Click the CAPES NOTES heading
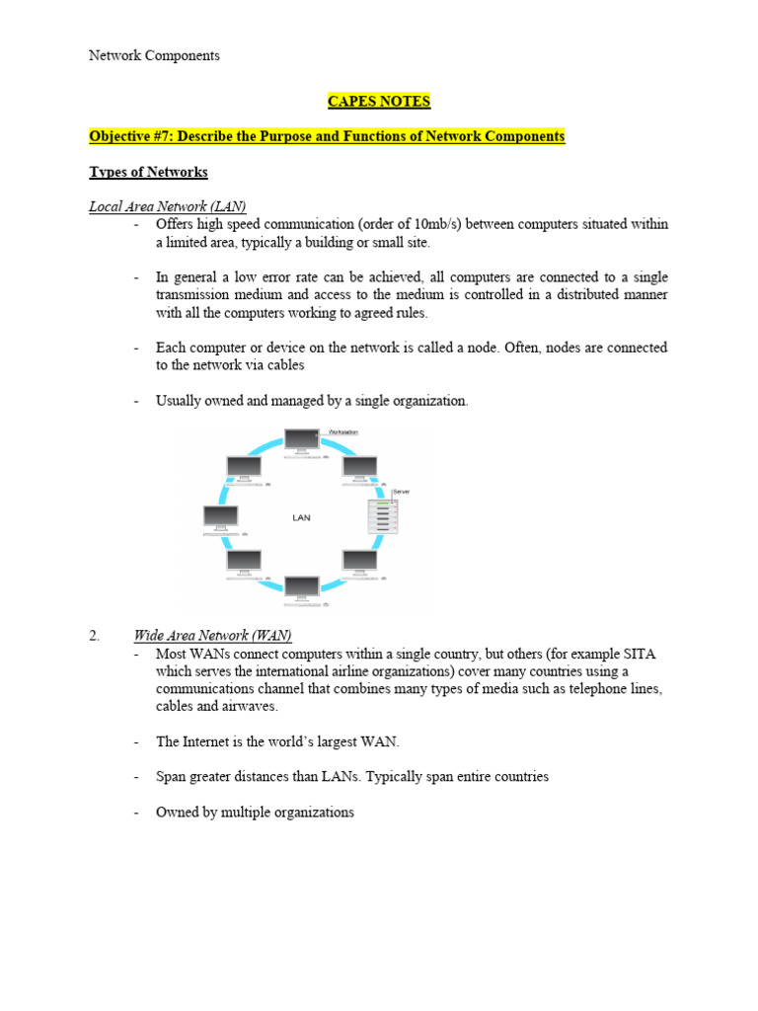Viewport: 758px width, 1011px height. point(379,101)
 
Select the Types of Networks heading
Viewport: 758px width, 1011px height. point(148,172)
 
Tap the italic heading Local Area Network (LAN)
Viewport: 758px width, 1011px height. point(167,206)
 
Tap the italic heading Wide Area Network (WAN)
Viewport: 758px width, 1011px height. point(212,635)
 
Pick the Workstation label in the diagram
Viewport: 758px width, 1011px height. point(342,432)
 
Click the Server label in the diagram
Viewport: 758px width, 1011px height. point(401,491)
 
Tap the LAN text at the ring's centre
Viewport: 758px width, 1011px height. point(301,517)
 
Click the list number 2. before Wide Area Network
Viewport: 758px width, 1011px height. point(95,635)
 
